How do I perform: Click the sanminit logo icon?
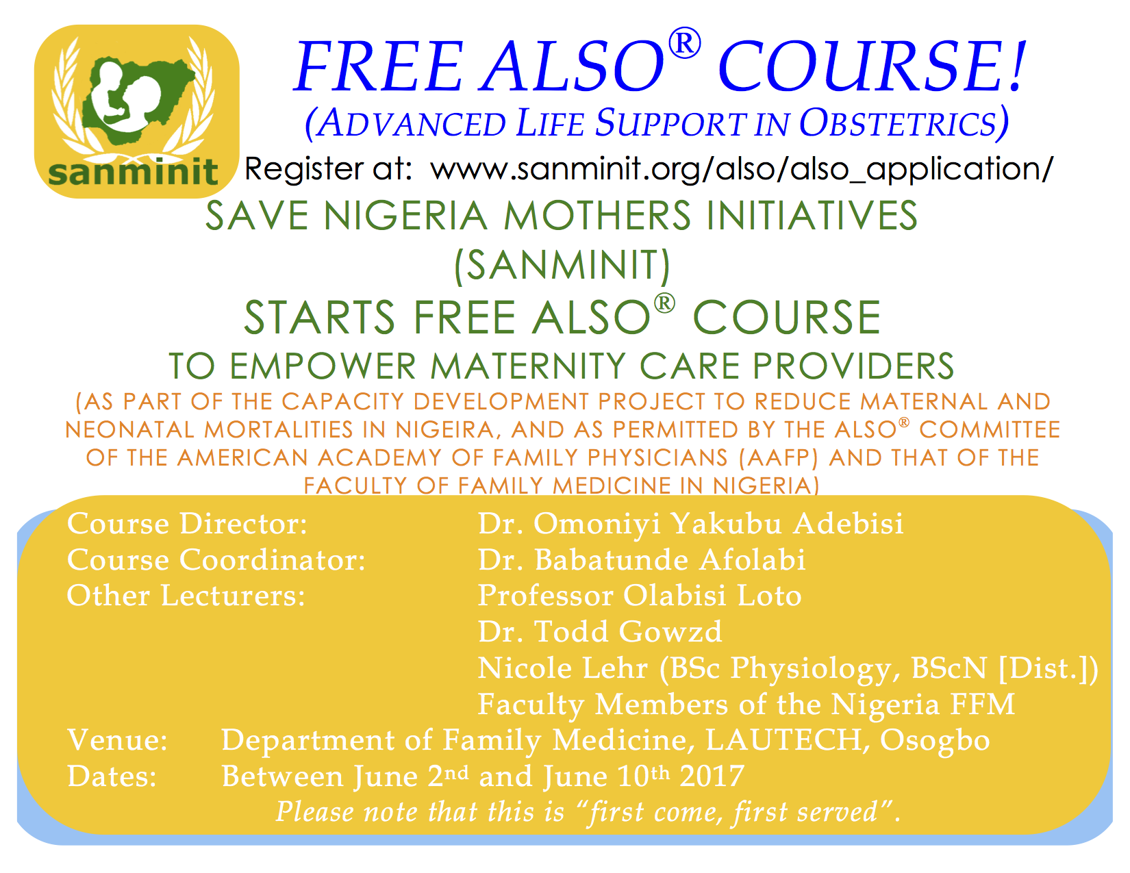click(136, 111)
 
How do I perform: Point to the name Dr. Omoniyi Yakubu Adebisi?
click(690, 524)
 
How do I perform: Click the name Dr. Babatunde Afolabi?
click(642, 560)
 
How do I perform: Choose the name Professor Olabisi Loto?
click(640, 596)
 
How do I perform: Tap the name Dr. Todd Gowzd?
click(600, 631)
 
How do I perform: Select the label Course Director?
click(188, 524)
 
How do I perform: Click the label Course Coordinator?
click(216, 560)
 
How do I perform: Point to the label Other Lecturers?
click(186, 596)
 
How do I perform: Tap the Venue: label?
click(117, 740)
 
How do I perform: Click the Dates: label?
click(112, 776)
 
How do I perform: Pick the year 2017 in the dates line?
click(712, 776)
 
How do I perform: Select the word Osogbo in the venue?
click(935, 740)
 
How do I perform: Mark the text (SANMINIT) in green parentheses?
click(562, 266)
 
